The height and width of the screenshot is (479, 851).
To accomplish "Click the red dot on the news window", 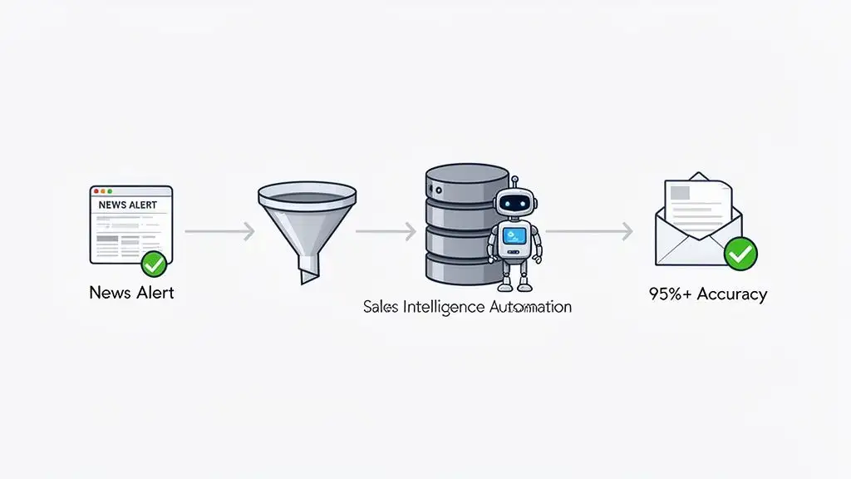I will click(x=96, y=190).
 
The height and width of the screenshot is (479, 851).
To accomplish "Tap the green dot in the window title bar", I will click(x=108, y=190).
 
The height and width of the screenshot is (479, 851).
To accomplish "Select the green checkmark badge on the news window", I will click(x=153, y=264).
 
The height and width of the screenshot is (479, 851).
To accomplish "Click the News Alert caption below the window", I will click(x=131, y=293).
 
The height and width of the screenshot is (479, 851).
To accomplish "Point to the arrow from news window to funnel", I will click(x=219, y=231).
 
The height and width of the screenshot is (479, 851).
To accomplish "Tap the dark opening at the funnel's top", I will click(x=307, y=197).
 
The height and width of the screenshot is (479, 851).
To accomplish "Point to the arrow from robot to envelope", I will click(x=588, y=231).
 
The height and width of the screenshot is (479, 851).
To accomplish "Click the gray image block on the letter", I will click(x=681, y=192).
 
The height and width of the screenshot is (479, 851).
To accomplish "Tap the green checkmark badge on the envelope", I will click(x=740, y=254).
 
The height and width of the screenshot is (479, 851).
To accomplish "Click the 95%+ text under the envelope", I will click(x=670, y=294).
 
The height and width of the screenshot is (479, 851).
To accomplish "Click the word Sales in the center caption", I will click(x=381, y=307).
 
